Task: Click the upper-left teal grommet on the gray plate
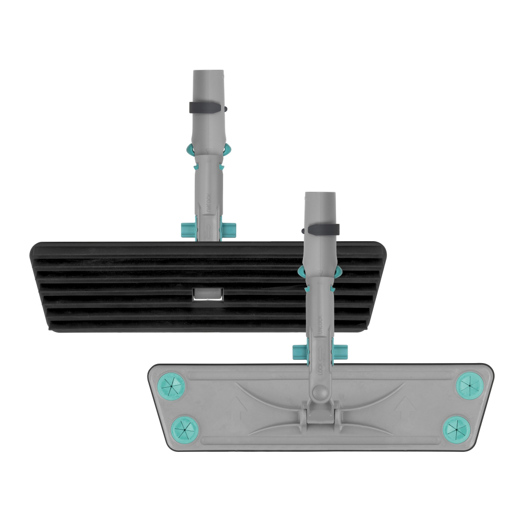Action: [x=173, y=387]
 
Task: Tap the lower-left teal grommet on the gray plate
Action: [x=185, y=427]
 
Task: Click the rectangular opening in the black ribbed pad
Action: [x=208, y=295]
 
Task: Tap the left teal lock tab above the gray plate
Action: [x=299, y=351]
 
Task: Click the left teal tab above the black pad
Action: [x=187, y=228]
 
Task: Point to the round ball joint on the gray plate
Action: [x=319, y=391]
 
